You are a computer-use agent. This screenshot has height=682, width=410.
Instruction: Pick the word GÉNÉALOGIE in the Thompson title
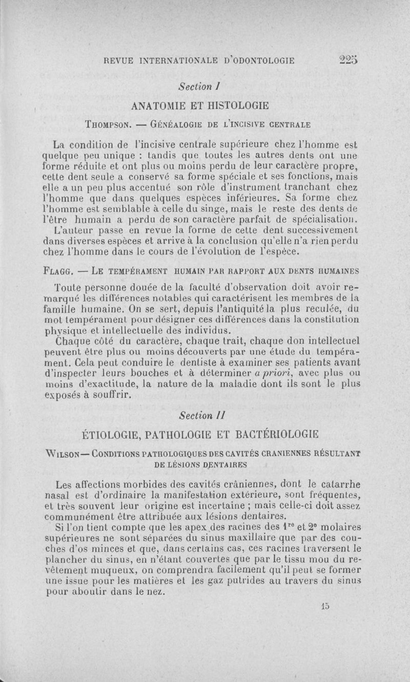tap(175, 124)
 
